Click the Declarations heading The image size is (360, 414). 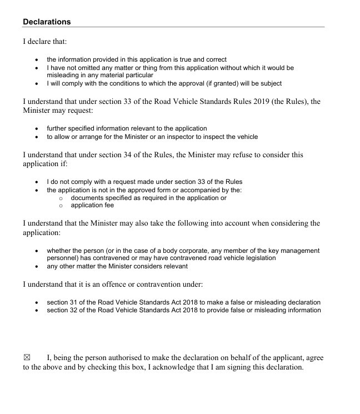click(x=47, y=22)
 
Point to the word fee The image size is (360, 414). click(x=108, y=205)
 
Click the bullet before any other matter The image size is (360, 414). click(x=37, y=266)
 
